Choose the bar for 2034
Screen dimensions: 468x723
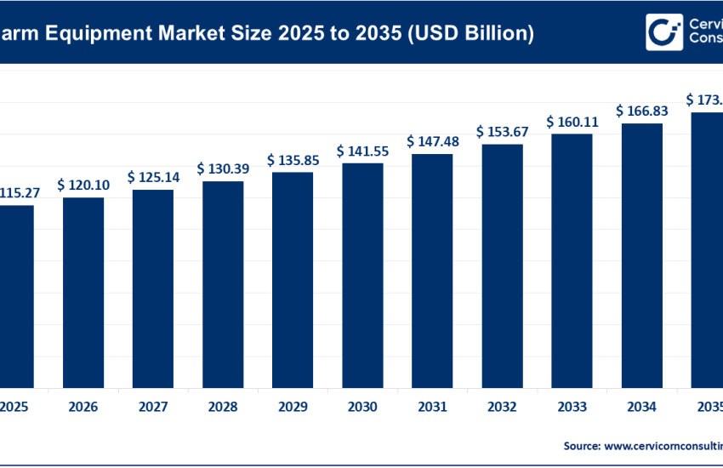click(642, 254)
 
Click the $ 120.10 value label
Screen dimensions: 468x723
click(83, 185)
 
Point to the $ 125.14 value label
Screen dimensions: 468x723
click(153, 177)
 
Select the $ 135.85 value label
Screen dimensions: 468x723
click(293, 160)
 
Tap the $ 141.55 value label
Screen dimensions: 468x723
click(363, 151)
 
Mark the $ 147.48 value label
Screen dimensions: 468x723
click(433, 141)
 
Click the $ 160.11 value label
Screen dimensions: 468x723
click(572, 121)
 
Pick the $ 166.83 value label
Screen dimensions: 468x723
click(642, 111)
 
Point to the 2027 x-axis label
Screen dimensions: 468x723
click(153, 407)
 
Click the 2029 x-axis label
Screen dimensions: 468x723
click(293, 407)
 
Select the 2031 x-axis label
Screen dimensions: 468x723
click(433, 407)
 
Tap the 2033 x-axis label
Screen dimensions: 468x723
click(572, 407)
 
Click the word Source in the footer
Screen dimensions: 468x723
click(583, 445)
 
